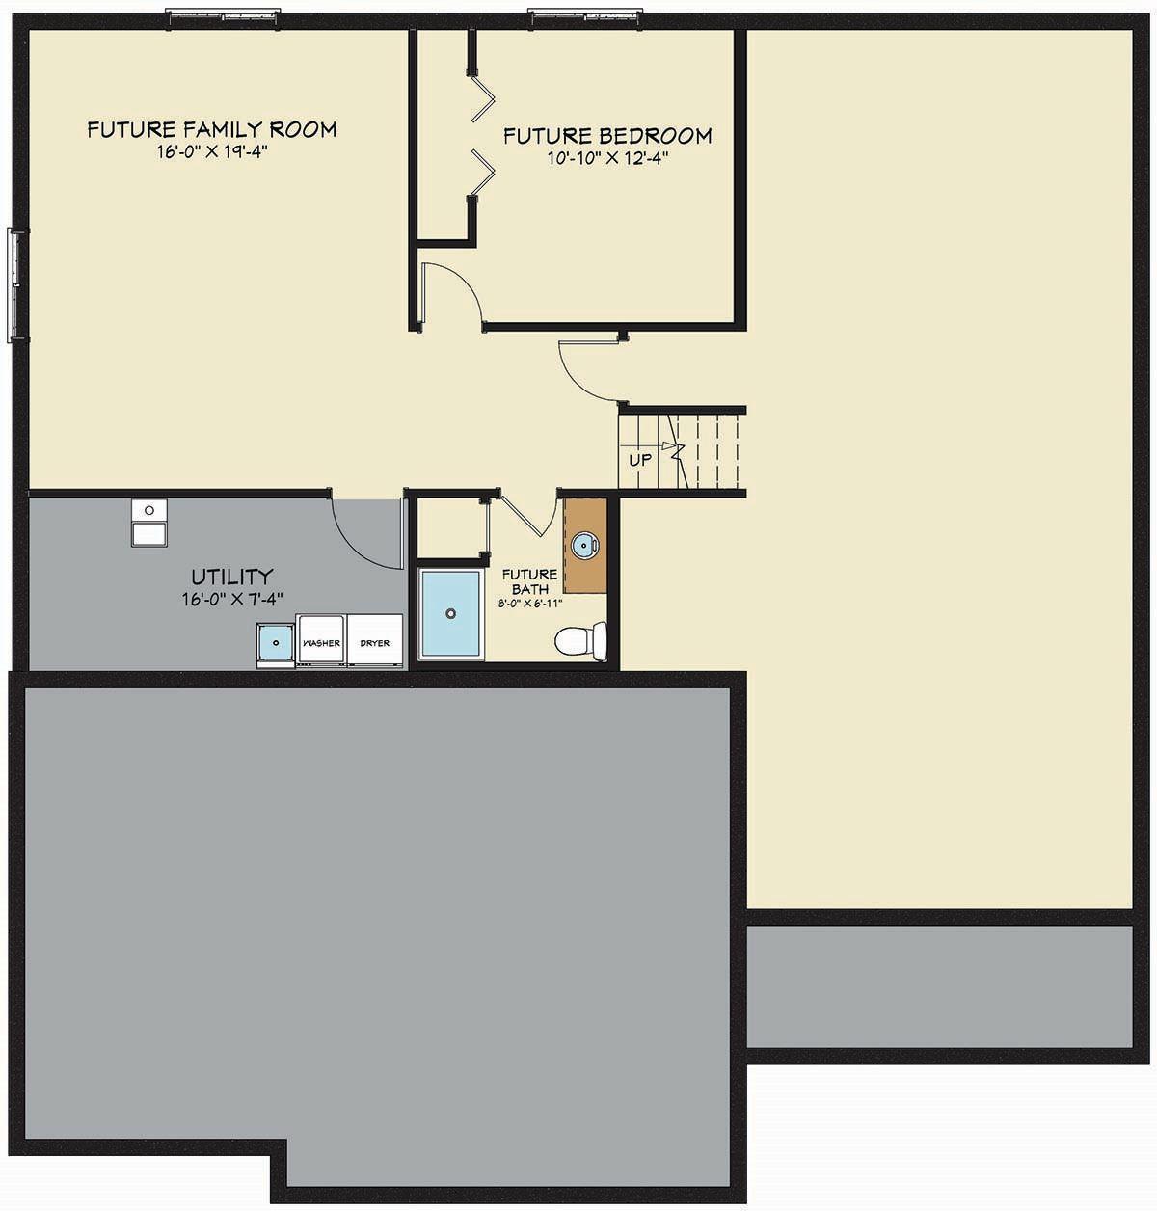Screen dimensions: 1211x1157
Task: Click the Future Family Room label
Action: pos(211,129)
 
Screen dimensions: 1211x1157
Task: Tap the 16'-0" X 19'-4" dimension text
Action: pos(211,153)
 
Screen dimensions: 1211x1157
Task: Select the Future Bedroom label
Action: pos(607,136)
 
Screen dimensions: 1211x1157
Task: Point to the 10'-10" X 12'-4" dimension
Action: pos(607,159)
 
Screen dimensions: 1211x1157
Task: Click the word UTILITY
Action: pos(231,577)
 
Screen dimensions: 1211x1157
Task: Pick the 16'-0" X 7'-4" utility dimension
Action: pos(231,599)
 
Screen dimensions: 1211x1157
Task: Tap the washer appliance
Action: pos(321,640)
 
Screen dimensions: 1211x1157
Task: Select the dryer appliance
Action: pos(375,640)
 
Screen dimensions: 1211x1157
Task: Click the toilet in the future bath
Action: pos(582,639)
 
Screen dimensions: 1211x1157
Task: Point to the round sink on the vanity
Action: pos(585,546)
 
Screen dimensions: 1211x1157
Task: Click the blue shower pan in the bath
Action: pos(449,613)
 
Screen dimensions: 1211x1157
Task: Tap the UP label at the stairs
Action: pos(640,460)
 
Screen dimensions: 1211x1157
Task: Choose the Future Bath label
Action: pos(529,581)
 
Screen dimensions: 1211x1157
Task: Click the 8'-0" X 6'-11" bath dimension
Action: pos(529,603)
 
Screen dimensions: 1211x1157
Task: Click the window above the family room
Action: pos(223,14)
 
